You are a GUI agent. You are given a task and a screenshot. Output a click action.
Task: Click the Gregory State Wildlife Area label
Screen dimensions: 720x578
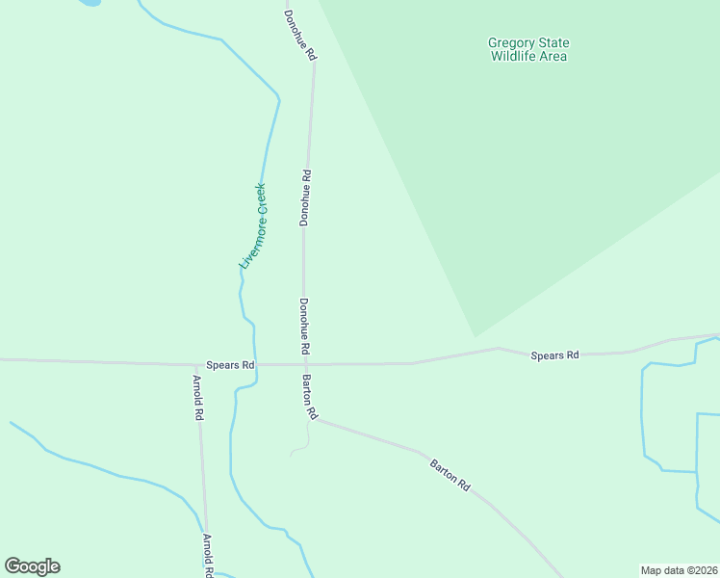pos(528,49)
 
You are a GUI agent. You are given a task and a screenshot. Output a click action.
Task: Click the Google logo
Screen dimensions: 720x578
pos(32,566)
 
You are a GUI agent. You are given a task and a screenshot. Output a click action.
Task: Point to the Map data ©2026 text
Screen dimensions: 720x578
pos(679,570)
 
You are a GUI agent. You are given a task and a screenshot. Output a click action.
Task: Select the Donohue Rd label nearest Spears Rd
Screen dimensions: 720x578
pos(304,325)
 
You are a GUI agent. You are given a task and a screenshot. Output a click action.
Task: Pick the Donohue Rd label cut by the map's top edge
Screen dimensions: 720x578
pos(299,36)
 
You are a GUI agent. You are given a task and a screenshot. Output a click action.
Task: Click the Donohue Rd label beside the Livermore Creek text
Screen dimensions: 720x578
pos(305,198)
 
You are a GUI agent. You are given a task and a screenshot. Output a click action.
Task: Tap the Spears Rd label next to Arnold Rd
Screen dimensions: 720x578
pos(230,365)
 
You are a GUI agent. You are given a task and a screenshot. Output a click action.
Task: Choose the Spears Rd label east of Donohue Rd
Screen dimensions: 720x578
pos(554,355)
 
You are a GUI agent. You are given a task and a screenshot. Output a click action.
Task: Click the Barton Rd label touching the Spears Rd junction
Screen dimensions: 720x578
pos(310,397)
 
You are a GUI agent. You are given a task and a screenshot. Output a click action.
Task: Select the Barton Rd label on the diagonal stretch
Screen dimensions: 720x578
pos(450,474)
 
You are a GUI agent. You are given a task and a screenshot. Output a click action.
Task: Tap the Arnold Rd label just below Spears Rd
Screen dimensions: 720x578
pos(198,396)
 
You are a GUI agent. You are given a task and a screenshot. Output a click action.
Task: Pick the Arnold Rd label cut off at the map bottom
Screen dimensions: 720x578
pos(207,556)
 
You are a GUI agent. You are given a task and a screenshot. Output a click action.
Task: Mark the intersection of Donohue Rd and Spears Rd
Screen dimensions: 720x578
pos(304,364)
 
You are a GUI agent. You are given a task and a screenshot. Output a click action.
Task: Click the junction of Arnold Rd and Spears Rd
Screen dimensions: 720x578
pos(196,364)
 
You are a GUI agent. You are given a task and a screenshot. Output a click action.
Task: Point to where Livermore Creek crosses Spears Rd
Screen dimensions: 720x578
pos(255,364)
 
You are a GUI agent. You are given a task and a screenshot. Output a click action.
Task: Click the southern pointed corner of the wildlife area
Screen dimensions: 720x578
pos(475,336)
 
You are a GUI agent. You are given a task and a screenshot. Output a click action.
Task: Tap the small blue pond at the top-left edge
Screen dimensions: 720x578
pos(89,3)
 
